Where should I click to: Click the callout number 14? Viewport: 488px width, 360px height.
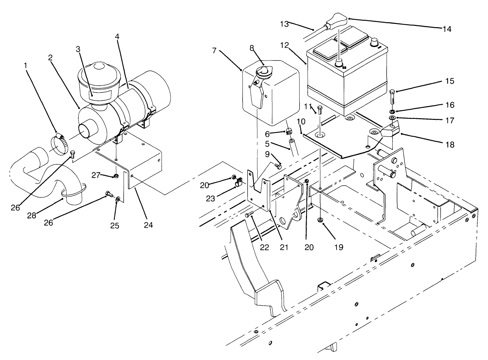(x=446, y=29)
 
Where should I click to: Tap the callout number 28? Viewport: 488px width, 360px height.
(x=32, y=215)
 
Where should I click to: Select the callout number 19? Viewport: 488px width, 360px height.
(x=339, y=247)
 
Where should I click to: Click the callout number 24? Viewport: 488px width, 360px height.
(x=148, y=225)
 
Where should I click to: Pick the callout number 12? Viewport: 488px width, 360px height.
(x=285, y=45)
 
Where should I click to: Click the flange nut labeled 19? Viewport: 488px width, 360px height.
(x=320, y=220)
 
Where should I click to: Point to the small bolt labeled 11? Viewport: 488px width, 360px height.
(x=319, y=110)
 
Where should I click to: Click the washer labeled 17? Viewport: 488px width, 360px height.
(x=392, y=118)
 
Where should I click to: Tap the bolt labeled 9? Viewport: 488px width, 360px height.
(x=278, y=166)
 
